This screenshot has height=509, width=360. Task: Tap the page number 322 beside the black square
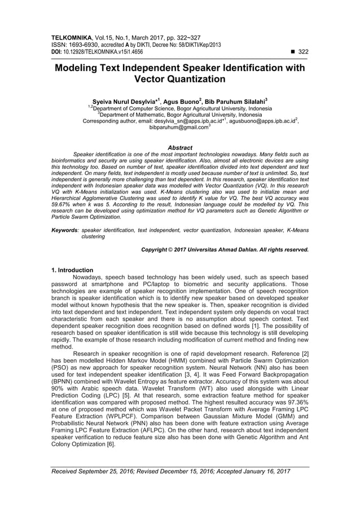(x=304, y=51)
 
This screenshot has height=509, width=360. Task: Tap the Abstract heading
(x=179, y=148)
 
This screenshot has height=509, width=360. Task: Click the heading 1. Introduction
(x=72, y=270)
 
